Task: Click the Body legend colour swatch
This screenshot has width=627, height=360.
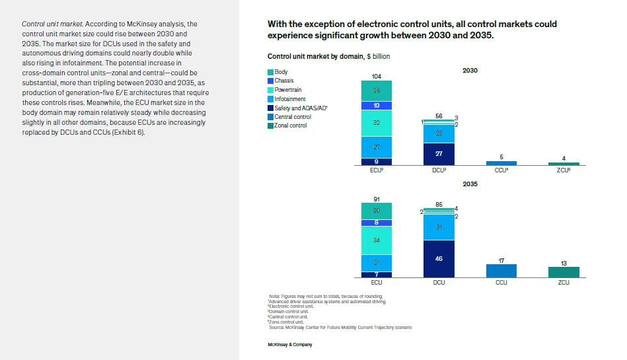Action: [271, 72]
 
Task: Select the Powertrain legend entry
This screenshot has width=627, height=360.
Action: [288, 90]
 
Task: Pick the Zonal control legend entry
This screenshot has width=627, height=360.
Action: [291, 126]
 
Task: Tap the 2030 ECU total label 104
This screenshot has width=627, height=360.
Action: [377, 77]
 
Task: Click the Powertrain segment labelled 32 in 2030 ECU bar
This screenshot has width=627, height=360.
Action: [377, 123]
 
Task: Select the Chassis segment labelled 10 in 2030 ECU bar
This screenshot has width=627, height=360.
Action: [377, 106]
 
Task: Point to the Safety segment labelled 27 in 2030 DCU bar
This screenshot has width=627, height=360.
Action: [439, 154]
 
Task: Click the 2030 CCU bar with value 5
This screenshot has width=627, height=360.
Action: [501, 163]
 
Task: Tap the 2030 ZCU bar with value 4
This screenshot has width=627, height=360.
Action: [564, 164]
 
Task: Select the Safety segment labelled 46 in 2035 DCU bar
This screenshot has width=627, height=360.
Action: [439, 258]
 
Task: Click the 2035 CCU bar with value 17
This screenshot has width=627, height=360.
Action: [501, 271]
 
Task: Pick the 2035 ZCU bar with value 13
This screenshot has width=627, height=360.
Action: [564, 272]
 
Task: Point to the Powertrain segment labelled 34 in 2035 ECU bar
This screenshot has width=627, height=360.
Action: [377, 240]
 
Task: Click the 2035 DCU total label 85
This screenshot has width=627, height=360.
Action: [439, 204]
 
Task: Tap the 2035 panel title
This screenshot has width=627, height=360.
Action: [470, 184]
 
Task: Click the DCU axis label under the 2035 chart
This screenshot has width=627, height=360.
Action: [439, 283]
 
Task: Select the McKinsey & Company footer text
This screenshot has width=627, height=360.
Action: [290, 345]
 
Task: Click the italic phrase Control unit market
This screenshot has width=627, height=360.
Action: [52, 24]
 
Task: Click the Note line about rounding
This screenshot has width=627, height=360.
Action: [326, 296]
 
